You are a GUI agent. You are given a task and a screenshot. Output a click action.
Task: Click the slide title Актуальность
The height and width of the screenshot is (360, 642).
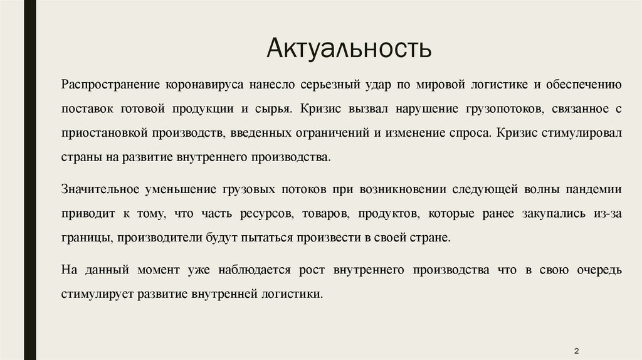349,48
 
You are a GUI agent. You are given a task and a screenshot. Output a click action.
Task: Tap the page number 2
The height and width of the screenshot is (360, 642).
576,349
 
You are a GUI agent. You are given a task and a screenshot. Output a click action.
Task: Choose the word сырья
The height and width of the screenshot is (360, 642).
274,108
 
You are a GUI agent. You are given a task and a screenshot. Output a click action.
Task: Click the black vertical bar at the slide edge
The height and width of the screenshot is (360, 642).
26,180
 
